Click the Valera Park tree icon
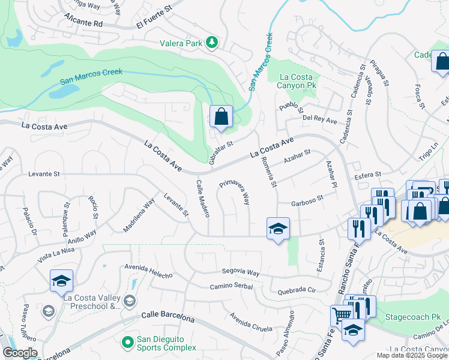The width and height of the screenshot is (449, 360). (211, 43)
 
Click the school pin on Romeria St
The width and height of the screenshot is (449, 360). (278, 229)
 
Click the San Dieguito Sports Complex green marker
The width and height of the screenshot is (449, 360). (127, 343)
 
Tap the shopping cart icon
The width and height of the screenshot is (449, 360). (341, 315)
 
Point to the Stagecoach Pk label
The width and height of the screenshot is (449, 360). (410, 316)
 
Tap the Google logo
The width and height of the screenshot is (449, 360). (20, 353)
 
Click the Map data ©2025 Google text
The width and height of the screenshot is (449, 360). (412, 355)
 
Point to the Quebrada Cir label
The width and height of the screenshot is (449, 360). (297, 292)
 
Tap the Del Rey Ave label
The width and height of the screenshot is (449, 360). (319, 119)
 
